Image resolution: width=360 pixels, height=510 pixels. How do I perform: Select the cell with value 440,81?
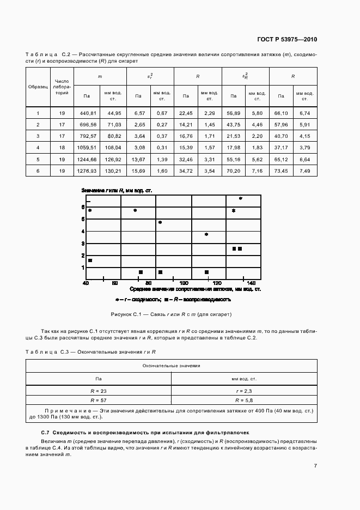pyautogui.click(x=88, y=113)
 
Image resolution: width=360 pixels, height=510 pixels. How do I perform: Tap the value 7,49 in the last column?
pyautogui.click(x=304, y=171)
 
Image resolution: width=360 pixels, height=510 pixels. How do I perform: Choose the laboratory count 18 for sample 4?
pyautogui.click(x=62, y=148)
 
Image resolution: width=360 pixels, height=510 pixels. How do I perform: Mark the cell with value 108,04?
pyautogui.click(x=113, y=148)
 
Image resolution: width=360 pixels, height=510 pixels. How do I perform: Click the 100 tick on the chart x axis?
pyautogui.click(x=184, y=283)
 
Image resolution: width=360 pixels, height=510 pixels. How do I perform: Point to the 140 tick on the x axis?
pyautogui.click(x=251, y=283)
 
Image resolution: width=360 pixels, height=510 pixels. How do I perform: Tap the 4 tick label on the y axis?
pyautogui.click(x=83, y=232)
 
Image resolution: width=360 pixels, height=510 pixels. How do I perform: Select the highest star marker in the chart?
pyautogui.click(x=240, y=199)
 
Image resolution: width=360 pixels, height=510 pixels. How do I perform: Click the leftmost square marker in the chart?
pyautogui.click(x=90, y=260)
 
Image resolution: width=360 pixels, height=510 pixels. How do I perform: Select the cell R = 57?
pyautogui.click(x=99, y=390)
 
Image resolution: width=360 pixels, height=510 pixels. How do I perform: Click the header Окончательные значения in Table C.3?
pyautogui.click(x=171, y=366)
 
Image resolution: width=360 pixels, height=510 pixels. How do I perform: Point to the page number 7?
pyautogui.click(x=315, y=465)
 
